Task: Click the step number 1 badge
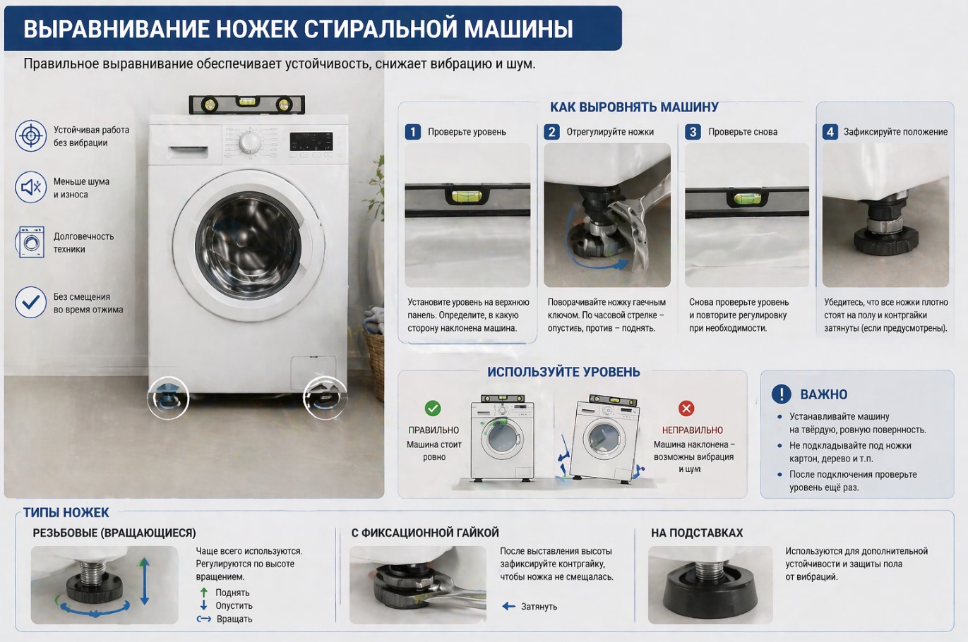point(412,132)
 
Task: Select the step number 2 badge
point(551,132)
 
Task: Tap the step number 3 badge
point(693,132)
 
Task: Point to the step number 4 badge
point(830,132)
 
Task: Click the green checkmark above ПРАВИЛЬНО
point(433,408)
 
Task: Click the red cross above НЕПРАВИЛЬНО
point(686,408)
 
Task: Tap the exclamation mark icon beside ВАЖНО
point(781,394)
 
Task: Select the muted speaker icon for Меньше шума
point(30,188)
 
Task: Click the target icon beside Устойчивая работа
point(30,135)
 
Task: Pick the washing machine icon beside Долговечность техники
point(30,243)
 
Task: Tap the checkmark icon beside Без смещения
point(30,303)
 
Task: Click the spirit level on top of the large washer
point(246,104)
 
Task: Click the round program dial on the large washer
point(249,143)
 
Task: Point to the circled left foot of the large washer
point(168,398)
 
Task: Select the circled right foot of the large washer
point(325,398)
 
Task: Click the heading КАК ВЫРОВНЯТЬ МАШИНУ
point(633,107)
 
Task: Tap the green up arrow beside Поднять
point(204,593)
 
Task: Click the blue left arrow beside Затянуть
point(508,607)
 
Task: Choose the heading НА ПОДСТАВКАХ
point(696,533)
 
